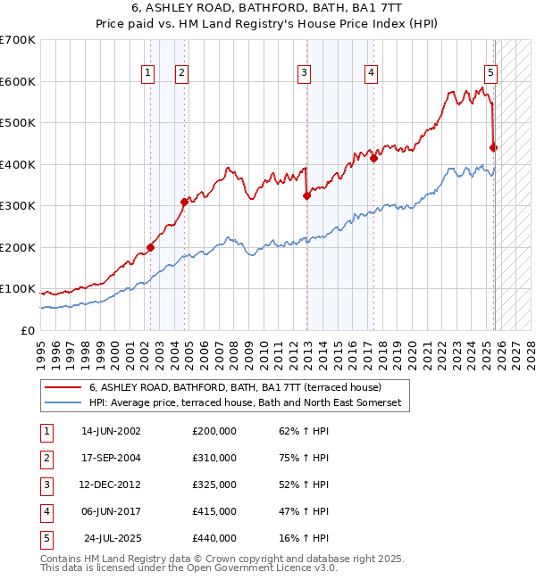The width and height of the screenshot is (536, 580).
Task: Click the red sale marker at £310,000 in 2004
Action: click(185, 202)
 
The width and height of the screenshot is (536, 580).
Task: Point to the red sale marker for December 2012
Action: click(306, 195)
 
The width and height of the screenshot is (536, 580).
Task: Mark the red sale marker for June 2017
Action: click(374, 159)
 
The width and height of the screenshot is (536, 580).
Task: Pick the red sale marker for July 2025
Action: click(494, 148)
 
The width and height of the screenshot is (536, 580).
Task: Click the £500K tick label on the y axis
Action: click(18, 123)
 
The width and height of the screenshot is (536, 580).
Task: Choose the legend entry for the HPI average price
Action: click(246, 403)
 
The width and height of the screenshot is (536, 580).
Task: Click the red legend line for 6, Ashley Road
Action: click(63, 388)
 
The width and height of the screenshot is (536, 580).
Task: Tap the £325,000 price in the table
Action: click(214, 485)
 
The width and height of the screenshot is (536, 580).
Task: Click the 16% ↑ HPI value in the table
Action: click(304, 538)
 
